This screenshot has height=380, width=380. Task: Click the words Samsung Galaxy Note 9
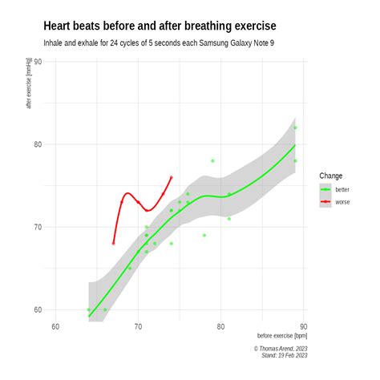pos(245,42)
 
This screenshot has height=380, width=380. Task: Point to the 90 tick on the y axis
pos(37,61)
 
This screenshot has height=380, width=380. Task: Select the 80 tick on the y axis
pos(37,144)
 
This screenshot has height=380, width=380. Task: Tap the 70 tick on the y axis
pos(37,227)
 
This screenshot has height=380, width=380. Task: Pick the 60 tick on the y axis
pos(37,309)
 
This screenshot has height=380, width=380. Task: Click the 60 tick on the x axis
pos(55,325)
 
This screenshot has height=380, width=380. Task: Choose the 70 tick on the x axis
pos(138,325)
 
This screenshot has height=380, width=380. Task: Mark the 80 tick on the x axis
pos(220,325)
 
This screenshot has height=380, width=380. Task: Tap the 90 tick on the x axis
pos(303,325)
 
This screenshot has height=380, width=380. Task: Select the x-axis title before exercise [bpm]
pos(282,336)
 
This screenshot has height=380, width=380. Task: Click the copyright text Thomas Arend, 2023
pos(281,349)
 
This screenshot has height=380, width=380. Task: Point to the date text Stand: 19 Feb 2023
pos(285,356)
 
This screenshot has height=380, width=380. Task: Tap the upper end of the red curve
pos(172,177)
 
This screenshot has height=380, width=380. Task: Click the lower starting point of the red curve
pos(113,243)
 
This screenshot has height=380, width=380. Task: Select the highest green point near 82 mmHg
pos(295,127)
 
